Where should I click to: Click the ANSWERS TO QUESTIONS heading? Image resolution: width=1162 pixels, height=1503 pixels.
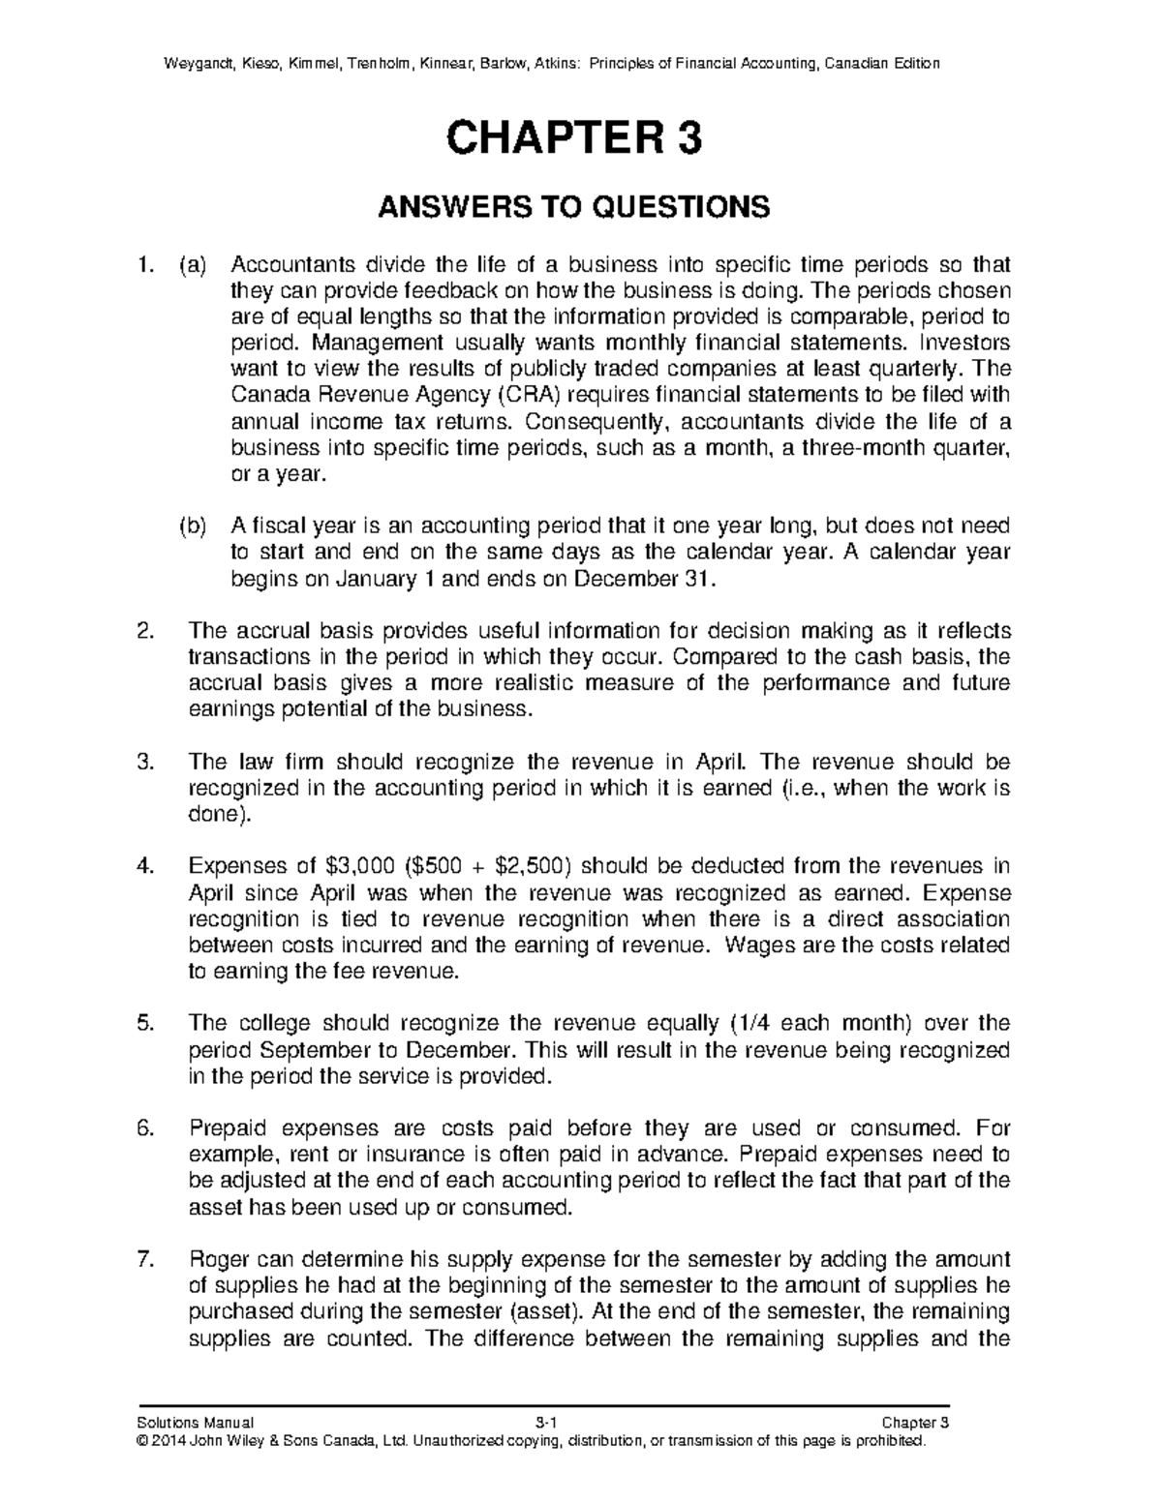pyautogui.click(x=573, y=207)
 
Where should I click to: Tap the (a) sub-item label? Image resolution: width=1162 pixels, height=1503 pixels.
pyautogui.click(x=193, y=265)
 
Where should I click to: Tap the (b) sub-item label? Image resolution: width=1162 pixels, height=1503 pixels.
pyautogui.click(x=193, y=526)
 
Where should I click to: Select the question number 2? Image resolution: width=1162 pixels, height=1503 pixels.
pyautogui.click(x=145, y=632)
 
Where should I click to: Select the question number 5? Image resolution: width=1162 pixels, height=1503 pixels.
pyautogui.click(x=145, y=1024)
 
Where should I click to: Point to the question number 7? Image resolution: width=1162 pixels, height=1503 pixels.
pyautogui.click(x=145, y=1260)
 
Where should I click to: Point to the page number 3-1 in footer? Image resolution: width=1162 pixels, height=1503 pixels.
pyautogui.click(x=546, y=1423)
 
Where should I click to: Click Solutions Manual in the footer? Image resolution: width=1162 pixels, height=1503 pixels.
pyautogui.click(x=198, y=1423)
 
